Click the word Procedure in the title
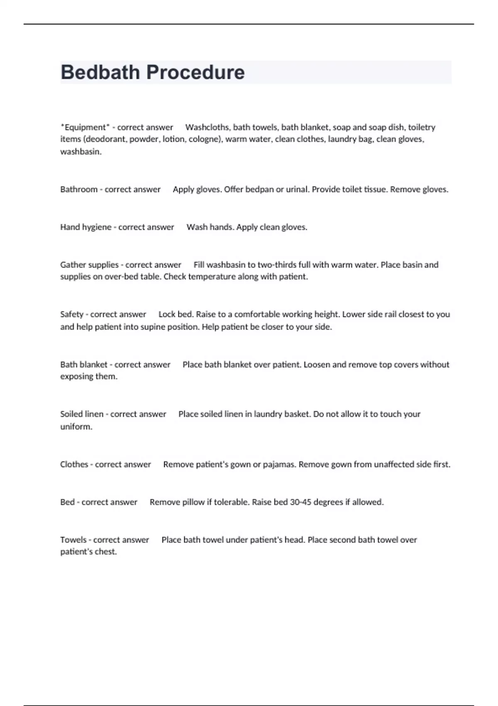[195, 72]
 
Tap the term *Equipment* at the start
[85, 127]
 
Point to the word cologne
[205, 139]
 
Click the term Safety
[72, 314]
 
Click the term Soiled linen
[82, 414]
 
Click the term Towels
[73, 540]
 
